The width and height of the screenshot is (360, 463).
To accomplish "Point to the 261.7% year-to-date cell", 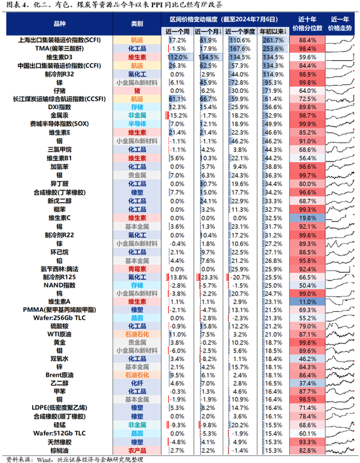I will (274, 40).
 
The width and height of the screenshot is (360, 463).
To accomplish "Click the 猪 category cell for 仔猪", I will (137, 91).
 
